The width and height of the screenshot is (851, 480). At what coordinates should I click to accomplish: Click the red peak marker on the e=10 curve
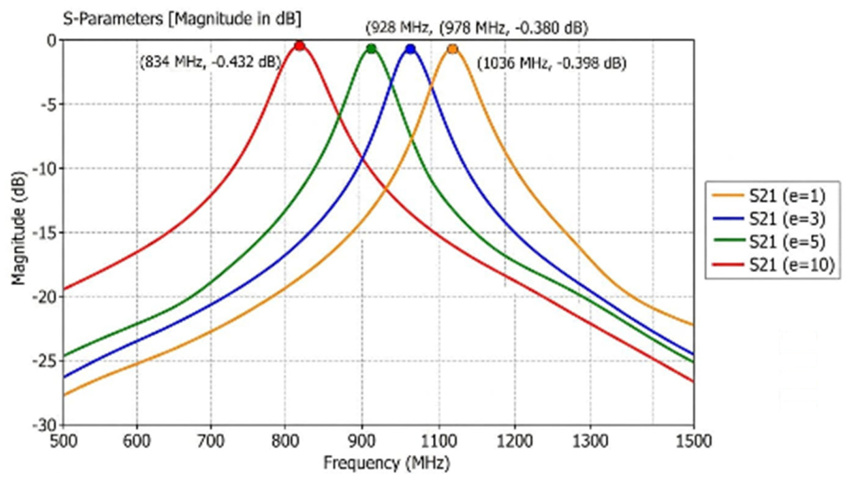click(299, 46)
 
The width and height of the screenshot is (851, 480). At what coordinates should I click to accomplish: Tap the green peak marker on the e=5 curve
click(371, 49)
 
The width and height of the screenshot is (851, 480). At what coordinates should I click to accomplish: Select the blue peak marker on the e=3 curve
click(410, 50)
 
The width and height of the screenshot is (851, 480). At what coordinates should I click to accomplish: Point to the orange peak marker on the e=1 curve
click(453, 50)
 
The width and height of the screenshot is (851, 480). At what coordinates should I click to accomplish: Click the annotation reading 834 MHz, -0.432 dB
click(211, 62)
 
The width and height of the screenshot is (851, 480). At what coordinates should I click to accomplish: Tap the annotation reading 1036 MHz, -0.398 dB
click(552, 64)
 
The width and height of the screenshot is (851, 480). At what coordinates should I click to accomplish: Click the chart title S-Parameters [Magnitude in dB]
click(182, 19)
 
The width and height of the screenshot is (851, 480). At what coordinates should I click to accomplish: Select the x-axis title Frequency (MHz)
click(387, 463)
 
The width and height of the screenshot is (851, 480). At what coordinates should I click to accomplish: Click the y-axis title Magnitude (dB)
click(20, 229)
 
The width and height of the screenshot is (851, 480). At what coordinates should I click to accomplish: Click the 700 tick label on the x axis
click(210, 441)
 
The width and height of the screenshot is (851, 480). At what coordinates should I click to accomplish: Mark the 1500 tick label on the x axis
click(693, 441)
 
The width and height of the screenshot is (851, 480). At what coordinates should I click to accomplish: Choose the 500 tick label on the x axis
click(63, 441)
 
